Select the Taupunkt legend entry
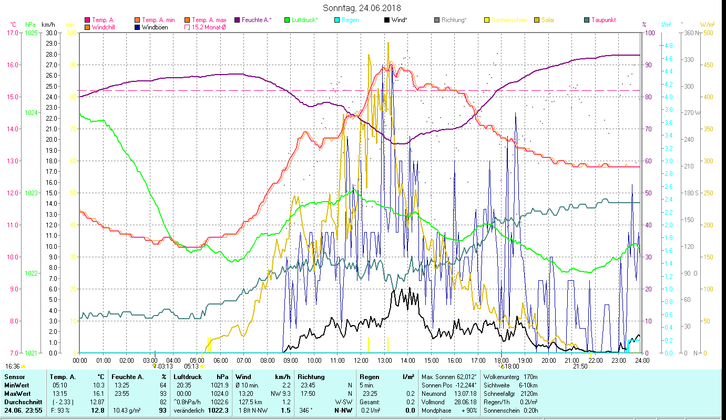[x=603, y=20]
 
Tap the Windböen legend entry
[x=155, y=27]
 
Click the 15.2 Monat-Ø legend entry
[x=209, y=27]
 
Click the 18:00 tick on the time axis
[x=502, y=360]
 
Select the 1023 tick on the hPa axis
[x=31, y=193]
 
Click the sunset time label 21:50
[x=580, y=366]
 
